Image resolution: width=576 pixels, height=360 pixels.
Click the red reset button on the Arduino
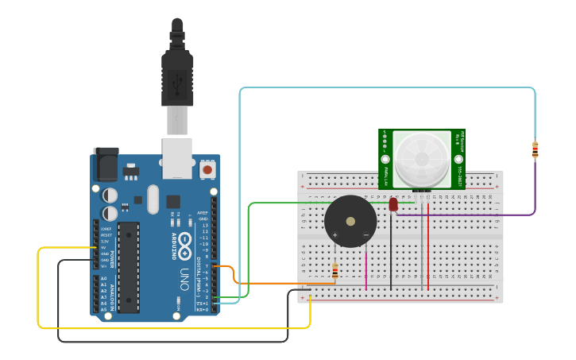click(x=207, y=169)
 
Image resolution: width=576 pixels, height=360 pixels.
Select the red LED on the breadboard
click(x=393, y=205)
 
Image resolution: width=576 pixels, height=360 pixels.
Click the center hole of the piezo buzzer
click(x=350, y=221)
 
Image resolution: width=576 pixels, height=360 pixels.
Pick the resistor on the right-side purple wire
click(x=535, y=149)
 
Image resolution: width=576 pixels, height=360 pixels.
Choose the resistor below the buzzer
click(x=334, y=272)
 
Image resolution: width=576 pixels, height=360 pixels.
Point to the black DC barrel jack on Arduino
click(x=106, y=165)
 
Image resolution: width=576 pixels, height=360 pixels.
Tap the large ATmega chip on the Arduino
click(x=128, y=267)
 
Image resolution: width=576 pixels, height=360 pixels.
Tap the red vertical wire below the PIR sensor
click(x=428, y=246)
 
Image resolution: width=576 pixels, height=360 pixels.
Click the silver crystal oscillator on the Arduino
click(x=153, y=199)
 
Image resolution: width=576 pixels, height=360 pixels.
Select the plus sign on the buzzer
click(x=334, y=234)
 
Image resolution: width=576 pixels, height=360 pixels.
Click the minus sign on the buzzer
click(x=365, y=234)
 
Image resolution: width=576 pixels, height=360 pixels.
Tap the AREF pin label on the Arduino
click(x=203, y=213)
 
